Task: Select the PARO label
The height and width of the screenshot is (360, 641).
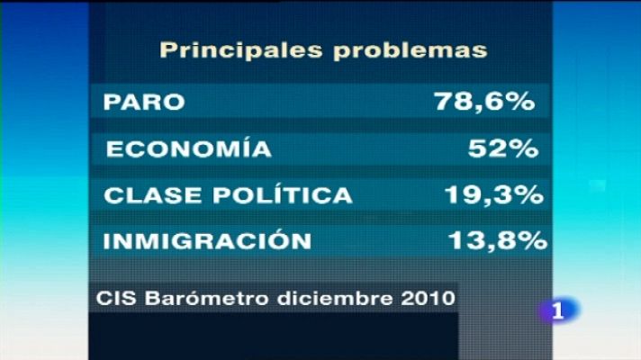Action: (145, 102)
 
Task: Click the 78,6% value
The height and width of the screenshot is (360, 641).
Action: (484, 102)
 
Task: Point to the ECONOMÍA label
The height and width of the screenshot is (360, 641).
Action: (188, 149)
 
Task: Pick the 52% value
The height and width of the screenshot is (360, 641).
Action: (501, 149)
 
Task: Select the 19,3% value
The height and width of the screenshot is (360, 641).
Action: (494, 196)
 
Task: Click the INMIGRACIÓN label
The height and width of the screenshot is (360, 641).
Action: (208, 241)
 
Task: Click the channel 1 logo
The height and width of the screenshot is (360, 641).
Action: (559, 310)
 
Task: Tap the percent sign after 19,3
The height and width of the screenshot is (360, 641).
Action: (527, 196)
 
